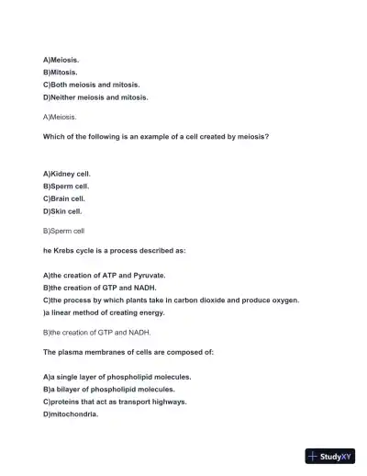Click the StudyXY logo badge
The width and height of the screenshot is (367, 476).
[330, 456]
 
